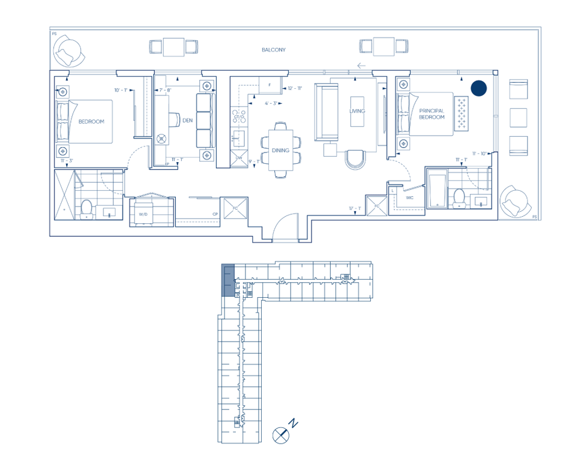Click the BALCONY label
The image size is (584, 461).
273,50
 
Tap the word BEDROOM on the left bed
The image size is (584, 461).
91,121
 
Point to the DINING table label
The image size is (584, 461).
280,150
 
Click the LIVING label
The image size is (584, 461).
358,111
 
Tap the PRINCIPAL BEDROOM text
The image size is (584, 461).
432,114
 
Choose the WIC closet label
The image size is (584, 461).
409,197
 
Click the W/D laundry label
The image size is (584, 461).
143,214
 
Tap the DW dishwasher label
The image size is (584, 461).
238,158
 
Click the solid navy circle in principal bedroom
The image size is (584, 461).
478,88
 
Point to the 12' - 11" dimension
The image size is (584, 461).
294,89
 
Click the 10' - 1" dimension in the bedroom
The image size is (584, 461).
121,90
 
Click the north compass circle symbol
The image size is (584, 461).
280,435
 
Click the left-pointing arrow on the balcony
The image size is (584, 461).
361,66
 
